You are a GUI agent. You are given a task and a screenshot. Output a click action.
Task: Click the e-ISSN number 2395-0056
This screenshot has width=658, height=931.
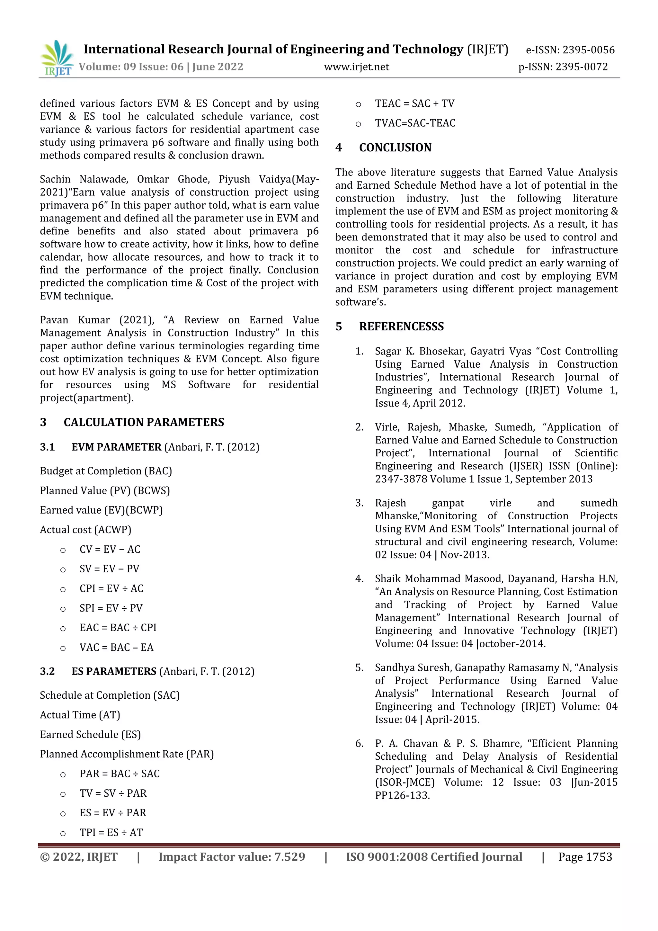(x=588, y=50)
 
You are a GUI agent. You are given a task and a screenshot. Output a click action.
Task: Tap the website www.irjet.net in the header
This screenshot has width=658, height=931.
(x=356, y=67)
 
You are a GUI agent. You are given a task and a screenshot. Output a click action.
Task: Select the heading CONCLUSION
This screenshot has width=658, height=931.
(x=395, y=148)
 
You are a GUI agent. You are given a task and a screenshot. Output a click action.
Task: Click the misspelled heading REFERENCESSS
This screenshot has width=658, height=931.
(x=401, y=327)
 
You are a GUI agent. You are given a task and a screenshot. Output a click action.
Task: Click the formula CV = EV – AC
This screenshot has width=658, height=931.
(x=110, y=550)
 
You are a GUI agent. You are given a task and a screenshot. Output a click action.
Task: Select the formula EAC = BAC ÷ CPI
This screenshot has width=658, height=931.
(x=118, y=628)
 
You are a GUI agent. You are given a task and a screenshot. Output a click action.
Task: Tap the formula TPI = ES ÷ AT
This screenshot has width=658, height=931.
(x=111, y=832)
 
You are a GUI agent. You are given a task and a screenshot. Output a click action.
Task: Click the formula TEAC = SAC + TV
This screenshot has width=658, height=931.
(x=414, y=104)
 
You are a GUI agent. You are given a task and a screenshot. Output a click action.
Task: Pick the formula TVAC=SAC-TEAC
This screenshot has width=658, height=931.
(x=415, y=123)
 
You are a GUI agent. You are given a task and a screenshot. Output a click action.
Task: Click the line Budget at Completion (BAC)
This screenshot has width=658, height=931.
(x=106, y=471)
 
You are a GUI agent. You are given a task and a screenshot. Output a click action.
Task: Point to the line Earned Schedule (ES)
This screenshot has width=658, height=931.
(x=90, y=734)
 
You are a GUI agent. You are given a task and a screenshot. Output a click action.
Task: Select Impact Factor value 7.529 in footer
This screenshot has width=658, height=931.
(x=232, y=857)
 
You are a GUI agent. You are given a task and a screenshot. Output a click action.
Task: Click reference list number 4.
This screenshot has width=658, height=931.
(x=359, y=579)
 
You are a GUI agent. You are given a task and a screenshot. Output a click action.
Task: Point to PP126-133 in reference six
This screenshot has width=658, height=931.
(x=402, y=796)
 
